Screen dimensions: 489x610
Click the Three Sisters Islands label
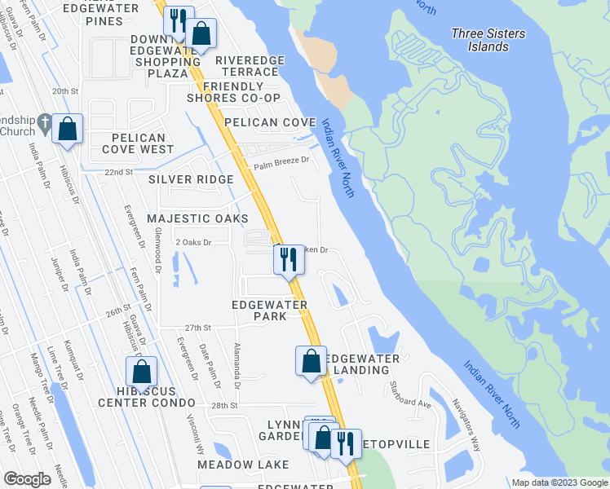[489, 40]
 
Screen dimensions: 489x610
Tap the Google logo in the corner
[27, 479]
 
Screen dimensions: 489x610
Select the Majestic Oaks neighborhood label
[197, 218]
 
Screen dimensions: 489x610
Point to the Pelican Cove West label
[138, 143]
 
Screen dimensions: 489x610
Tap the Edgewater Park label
[269, 311]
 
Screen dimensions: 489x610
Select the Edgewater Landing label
[361, 364]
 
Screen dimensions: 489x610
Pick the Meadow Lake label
[243, 465]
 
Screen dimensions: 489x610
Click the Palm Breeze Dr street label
[281, 163]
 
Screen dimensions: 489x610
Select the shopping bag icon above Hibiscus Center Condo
[142, 371]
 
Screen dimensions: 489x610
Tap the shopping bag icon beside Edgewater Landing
[311, 360]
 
